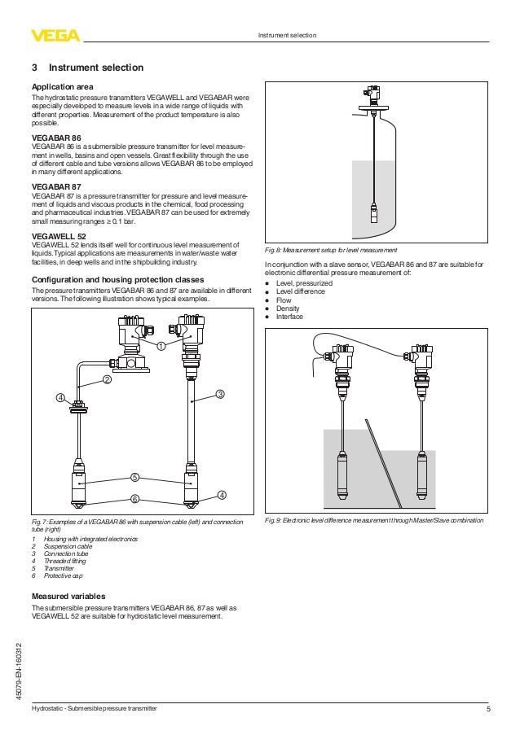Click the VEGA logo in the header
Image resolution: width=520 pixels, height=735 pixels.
pos(55,35)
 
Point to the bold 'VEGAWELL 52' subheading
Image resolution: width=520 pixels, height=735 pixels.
pos(58,236)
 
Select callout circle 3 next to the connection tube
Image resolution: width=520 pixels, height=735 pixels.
pos(219,395)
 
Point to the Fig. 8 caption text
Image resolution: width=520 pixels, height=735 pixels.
pos(331,249)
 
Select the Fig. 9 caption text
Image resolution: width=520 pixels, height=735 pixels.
pos(374,520)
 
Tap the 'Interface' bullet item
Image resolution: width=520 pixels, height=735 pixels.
pos(290,317)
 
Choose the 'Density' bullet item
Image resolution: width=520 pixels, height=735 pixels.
pos(288,308)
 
